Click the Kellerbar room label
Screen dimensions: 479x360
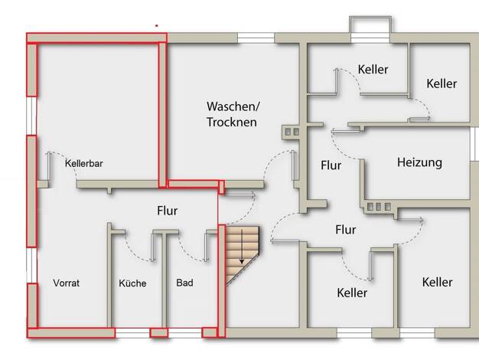pyautogui.click(x=84, y=163)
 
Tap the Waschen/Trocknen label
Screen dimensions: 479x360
pyautogui.click(x=233, y=114)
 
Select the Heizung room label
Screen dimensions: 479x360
pyautogui.click(x=419, y=162)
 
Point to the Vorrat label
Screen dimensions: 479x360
pyautogui.click(x=67, y=283)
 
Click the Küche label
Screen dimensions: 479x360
pyautogui.click(x=132, y=283)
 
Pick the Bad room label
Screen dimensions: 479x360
pyautogui.click(x=184, y=283)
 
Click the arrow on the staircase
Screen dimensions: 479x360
pyautogui.click(x=242, y=247)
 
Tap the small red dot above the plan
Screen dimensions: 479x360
pyautogui.click(x=157, y=26)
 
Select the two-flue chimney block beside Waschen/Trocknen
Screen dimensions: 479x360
pyautogui.click(x=291, y=132)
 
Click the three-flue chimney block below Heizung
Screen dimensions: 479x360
pyautogui.click(x=379, y=207)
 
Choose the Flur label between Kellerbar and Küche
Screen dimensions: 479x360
pyautogui.click(x=167, y=211)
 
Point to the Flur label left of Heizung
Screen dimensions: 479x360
pyautogui.click(x=331, y=165)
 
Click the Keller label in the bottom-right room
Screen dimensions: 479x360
pyautogui.click(x=437, y=282)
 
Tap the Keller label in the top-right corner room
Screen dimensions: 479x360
pyautogui.click(x=442, y=83)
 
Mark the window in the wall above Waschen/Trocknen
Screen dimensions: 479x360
pyautogui.click(x=256, y=38)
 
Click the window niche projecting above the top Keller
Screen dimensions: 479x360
pyautogui.click(x=370, y=29)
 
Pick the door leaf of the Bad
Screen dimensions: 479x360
pyautogui.click(x=206, y=247)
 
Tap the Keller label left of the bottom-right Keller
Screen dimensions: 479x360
pyautogui.click(x=352, y=293)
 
